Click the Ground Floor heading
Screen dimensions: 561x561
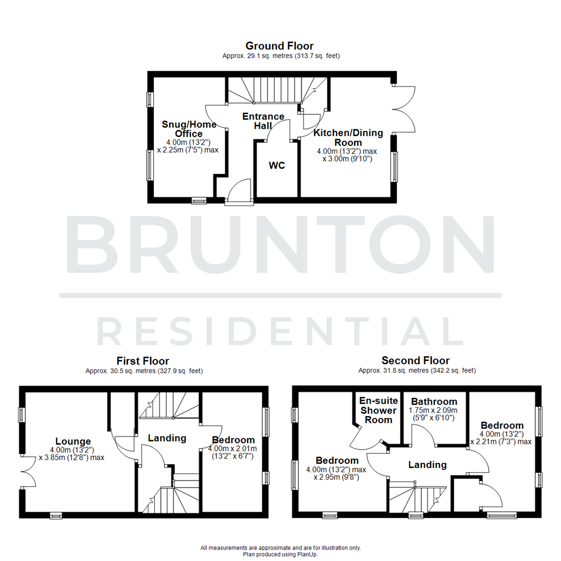[279, 46]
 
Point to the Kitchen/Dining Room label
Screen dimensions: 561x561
[348, 138]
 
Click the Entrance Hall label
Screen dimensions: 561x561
[263, 121]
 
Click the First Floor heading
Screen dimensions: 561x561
[143, 361]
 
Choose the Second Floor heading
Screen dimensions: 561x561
[416, 360]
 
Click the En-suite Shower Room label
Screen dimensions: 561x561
[378, 410]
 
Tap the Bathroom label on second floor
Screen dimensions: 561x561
[434, 402]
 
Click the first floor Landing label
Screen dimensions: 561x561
[167, 438]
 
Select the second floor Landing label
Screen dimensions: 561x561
[427, 464]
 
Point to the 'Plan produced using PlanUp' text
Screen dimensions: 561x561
[280, 554]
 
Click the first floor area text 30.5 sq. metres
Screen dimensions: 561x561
[144, 371]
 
